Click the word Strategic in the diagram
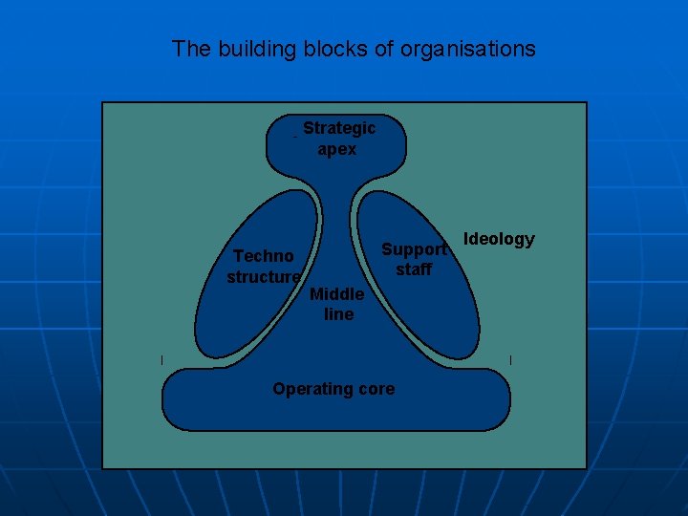(x=339, y=128)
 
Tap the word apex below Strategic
(x=337, y=149)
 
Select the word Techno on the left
(x=264, y=255)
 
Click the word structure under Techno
(x=264, y=276)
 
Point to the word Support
(x=414, y=249)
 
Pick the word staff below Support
(x=414, y=269)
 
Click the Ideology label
(x=499, y=239)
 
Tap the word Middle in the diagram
(x=336, y=293)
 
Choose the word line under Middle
(x=338, y=313)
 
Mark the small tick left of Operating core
(x=162, y=359)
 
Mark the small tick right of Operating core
(x=511, y=359)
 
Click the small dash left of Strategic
(x=295, y=137)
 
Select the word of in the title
(x=388, y=49)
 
